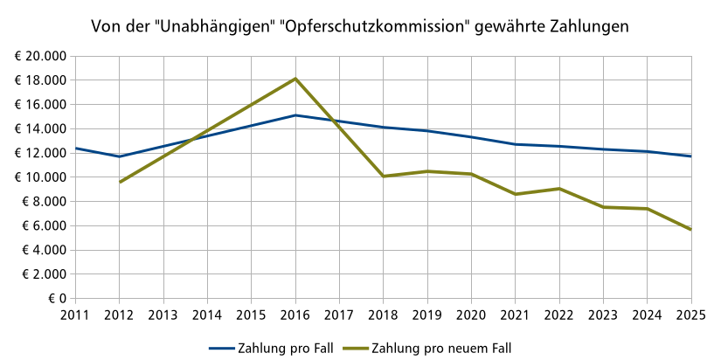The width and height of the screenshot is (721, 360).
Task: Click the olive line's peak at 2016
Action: (295, 79)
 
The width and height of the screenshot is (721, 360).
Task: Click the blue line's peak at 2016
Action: (295, 115)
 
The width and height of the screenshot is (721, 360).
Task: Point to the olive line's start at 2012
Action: (120, 182)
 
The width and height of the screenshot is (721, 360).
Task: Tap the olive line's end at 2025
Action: (690, 230)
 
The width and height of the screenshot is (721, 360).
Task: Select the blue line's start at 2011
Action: (76, 149)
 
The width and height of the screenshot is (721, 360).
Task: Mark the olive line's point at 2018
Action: (384, 177)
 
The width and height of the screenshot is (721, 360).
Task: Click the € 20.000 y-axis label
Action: (40, 56)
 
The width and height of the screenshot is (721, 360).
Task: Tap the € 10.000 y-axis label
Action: (40, 177)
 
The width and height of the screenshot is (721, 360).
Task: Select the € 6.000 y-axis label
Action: (44, 225)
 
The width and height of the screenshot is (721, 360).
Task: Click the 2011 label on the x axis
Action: (76, 314)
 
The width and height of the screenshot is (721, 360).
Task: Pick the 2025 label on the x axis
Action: (690, 314)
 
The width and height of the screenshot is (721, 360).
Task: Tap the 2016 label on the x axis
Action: (295, 314)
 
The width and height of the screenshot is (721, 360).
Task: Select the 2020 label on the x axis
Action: (471, 314)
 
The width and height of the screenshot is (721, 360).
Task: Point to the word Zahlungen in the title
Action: (586, 27)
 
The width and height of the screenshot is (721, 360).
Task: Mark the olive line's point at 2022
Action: (559, 189)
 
